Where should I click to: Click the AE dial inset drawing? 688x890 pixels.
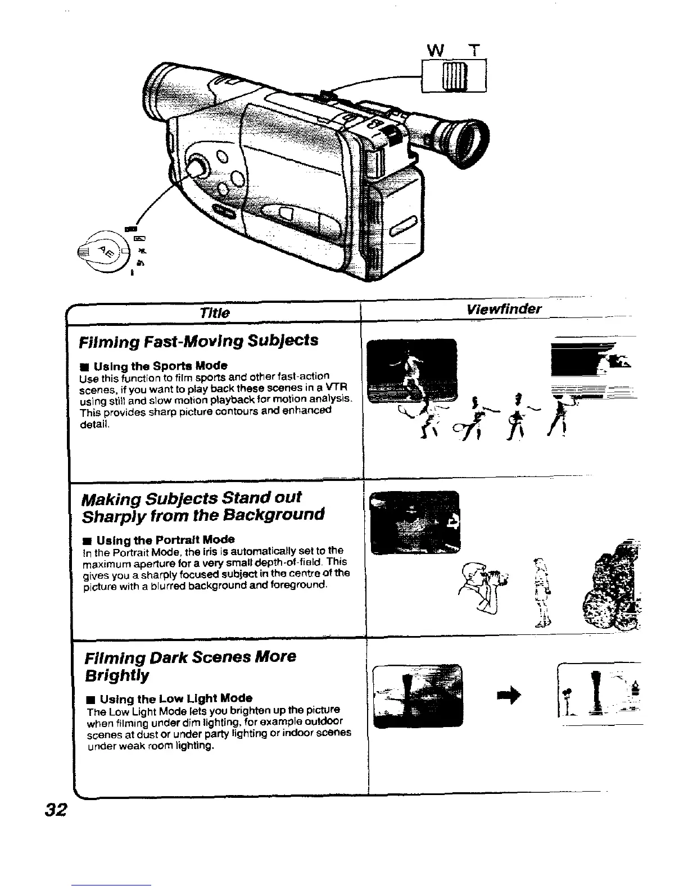click(105, 249)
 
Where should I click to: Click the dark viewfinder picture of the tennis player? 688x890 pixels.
click(410, 371)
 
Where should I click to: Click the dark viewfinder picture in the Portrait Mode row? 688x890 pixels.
click(416, 522)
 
